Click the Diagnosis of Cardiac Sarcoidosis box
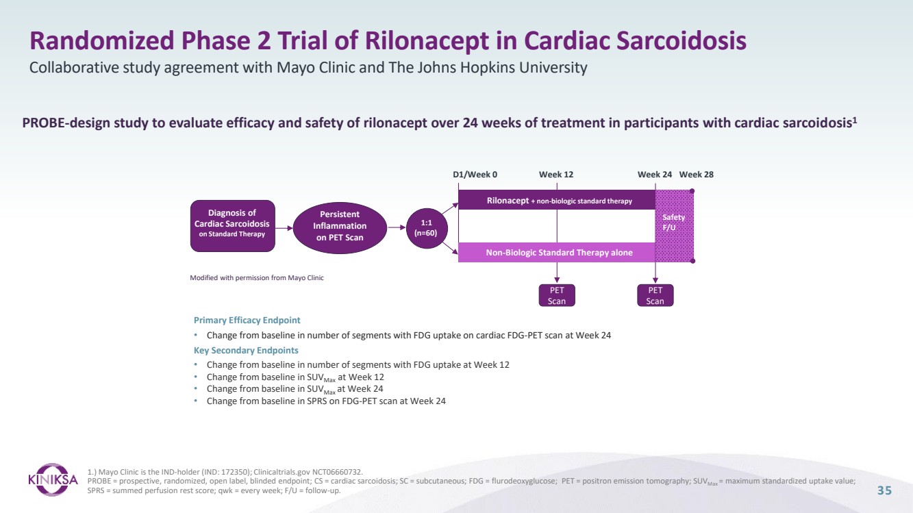232,224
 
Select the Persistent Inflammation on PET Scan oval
340,225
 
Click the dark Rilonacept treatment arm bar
556,201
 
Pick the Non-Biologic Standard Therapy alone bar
556,253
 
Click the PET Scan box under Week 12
556,295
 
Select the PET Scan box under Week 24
655,295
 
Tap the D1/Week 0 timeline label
475,175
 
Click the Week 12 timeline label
556,175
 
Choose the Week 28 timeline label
696,175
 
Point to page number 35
885,490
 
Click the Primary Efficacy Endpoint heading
247,320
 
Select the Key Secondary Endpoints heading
246,350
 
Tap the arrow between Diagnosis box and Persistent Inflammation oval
284,225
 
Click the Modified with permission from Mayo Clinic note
256,277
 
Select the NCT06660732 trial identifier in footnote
337,471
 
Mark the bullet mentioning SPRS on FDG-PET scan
326,401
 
